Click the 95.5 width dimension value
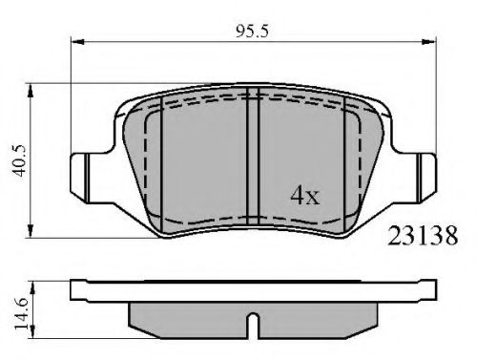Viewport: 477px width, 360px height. coord(252,32)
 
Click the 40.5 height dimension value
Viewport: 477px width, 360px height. coord(19,160)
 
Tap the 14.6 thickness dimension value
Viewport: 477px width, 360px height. coord(21,314)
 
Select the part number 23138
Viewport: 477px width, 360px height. coord(423,236)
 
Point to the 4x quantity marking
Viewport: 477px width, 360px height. coord(304,196)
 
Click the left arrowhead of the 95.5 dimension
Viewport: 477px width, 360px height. coord(76,42)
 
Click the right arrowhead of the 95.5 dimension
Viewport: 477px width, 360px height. coord(428,42)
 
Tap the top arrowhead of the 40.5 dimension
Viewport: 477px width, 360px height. coord(31,91)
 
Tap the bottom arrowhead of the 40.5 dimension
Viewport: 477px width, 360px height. coord(31,231)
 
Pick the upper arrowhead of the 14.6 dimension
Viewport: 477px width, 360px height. coord(32,287)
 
